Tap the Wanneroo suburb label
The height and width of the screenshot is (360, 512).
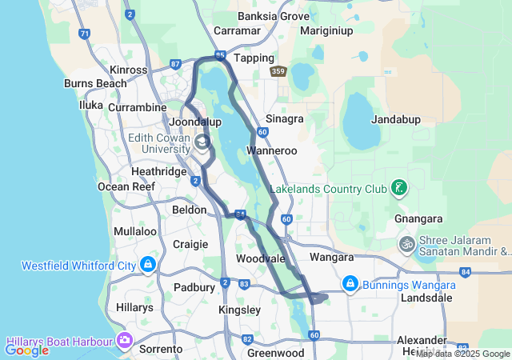click(272, 150)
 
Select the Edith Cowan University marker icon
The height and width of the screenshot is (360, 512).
click(202, 142)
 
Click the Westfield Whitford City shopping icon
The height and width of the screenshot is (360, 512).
click(147, 264)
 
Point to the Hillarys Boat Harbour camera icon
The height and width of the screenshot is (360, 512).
click(124, 340)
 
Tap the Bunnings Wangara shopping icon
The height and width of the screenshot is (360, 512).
click(350, 284)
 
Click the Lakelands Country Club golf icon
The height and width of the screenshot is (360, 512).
click(399, 190)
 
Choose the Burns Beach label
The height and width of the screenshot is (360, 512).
click(95, 83)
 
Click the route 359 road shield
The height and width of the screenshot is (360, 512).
click(278, 72)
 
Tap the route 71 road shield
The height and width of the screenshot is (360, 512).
click(84, 34)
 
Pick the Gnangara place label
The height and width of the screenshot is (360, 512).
click(413, 218)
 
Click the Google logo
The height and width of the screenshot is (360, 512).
click(27, 350)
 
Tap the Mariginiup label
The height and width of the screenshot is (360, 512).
click(326, 30)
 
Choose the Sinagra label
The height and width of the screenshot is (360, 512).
click(284, 118)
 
